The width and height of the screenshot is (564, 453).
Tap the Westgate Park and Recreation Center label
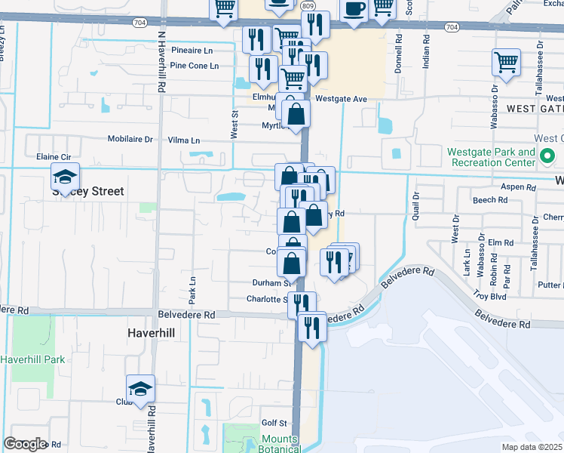(x=491, y=158)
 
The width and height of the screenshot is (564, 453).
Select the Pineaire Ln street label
(x=192, y=50)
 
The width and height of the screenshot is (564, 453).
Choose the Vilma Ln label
(x=184, y=140)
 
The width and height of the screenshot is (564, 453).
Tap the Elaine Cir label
(x=54, y=157)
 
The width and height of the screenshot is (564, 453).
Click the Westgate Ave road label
(x=341, y=99)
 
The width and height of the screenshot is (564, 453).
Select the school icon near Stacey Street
(x=66, y=177)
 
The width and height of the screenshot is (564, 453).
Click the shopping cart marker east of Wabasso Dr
(x=506, y=63)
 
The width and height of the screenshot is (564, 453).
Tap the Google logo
(x=25, y=444)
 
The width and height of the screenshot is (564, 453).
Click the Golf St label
(x=274, y=423)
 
